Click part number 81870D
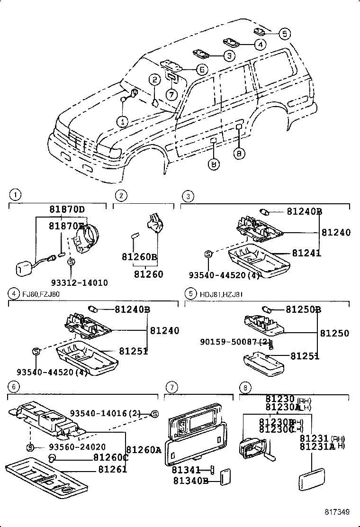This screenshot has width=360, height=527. pos(67,209)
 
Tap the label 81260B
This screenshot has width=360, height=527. pos(139,257)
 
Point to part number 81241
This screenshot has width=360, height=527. pos(306,254)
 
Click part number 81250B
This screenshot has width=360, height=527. pos(303,309)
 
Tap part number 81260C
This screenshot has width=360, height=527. pos(110,458)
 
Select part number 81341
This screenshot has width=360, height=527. pos(187,470)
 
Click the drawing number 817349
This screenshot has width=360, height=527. pos(337,512)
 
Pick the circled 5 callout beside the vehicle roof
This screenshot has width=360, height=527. pos(283,33)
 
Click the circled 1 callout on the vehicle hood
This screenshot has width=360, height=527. pos(123,121)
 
